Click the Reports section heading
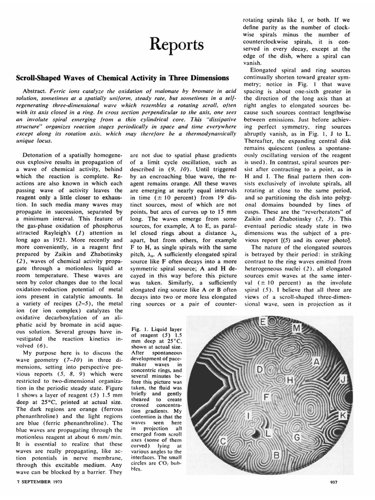point(176,45)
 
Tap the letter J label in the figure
point(343,379)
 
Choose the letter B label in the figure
point(276,456)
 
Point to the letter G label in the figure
point(296,437)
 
